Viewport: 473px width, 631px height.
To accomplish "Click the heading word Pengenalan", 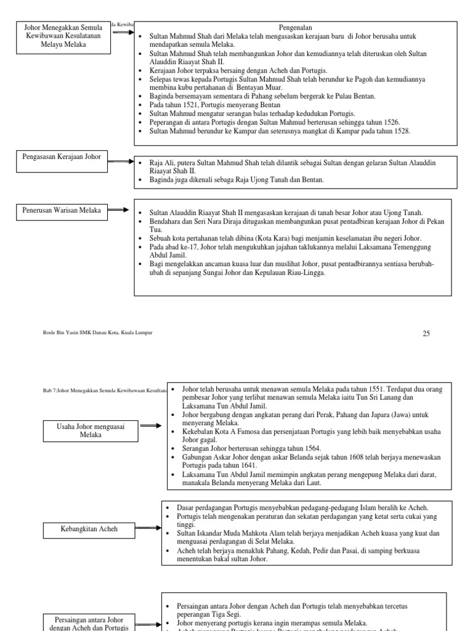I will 296,28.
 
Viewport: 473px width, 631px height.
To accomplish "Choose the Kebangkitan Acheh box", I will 89,528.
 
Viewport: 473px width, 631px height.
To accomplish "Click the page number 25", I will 426,333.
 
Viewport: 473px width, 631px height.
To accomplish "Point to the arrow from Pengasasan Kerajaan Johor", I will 121,162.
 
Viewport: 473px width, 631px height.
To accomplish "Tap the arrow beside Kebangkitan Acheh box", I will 147,528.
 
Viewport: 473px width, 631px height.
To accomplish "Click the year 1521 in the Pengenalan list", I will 181,105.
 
